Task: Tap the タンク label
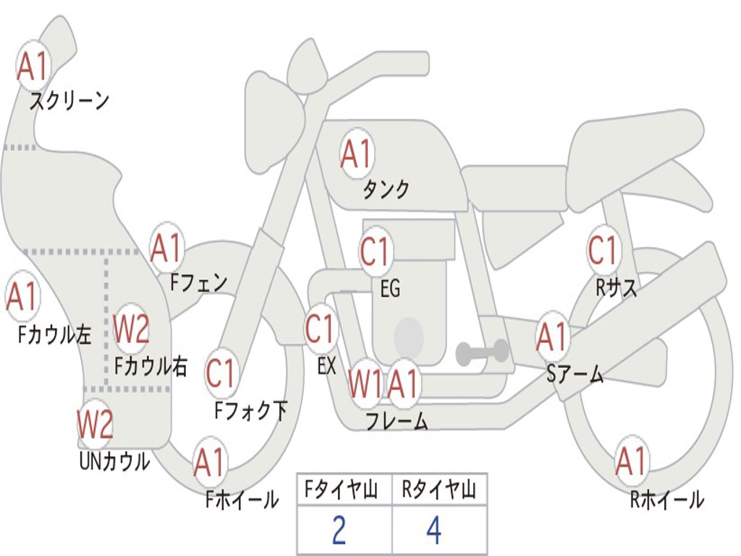(386, 190)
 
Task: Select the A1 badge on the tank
(356, 153)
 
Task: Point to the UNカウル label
(114, 461)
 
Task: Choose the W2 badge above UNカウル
(96, 424)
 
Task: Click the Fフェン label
(198, 282)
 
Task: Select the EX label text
(326, 366)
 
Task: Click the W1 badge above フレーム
(365, 384)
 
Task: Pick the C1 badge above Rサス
(603, 250)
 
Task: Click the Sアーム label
(575, 374)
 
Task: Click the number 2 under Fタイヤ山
(339, 531)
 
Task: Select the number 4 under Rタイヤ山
(433, 531)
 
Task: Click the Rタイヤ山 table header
(439, 491)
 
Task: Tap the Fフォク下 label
(250, 411)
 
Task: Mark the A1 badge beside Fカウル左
(22, 296)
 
